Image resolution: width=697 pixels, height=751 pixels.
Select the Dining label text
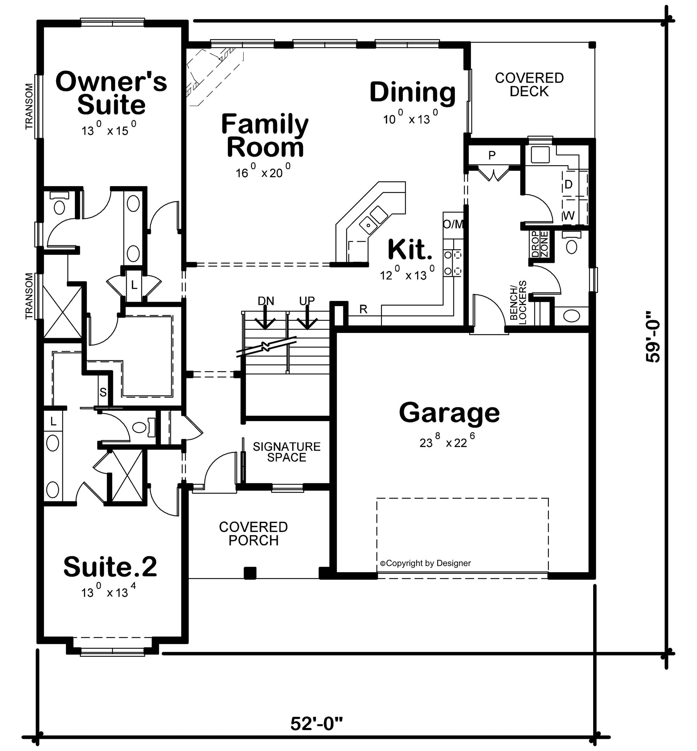point(413,92)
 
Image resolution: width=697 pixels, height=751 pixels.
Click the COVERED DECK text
point(529,84)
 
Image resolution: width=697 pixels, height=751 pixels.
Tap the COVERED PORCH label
point(253,534)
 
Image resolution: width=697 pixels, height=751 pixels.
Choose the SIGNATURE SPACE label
point(287,452)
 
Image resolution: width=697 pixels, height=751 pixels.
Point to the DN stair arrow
point(266,317)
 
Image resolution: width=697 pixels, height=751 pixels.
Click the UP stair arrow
point(307,317)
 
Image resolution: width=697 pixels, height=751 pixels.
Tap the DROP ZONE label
point(540,244)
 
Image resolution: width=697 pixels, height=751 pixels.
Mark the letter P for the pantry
point(492,155)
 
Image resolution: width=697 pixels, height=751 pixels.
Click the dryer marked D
point(568,184)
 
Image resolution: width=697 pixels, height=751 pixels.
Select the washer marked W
point(569,215)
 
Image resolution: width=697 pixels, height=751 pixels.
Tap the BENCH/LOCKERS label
point(518,302)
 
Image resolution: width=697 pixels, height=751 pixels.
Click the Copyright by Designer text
point(426,563)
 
